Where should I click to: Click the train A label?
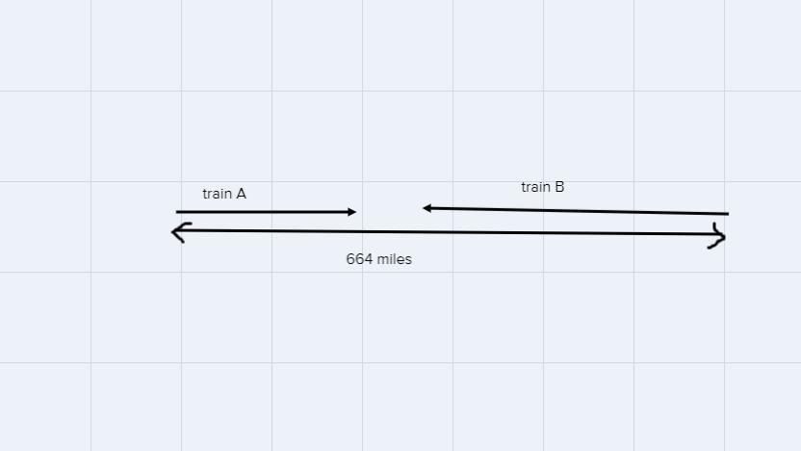(x=224, y=194)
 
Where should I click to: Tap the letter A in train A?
(x=241, y=194)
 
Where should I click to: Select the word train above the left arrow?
(x=217, y=194)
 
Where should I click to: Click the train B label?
(x=542, y=187)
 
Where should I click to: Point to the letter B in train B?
(x=559, y=187)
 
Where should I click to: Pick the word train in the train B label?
(x=535, y=187)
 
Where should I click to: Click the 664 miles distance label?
(x=379, y=259)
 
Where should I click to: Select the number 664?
(x=359, y=259)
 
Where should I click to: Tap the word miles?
(x=393, y=259)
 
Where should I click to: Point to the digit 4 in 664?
(x=368, y=259)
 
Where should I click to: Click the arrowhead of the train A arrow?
(x=352, y=212)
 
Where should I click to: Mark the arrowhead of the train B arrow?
(x=426, y=208)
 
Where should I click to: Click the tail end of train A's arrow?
(x=178, y=212)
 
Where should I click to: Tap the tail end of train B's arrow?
(x=727, y=214)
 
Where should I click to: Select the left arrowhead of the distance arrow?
(x=177, y=231)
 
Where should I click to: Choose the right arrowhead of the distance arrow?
(x=720, y=235)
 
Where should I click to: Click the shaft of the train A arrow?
(x=265, y=212)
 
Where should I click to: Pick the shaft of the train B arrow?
(x=578, y=211)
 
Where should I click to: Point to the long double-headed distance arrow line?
(x=448, y=232)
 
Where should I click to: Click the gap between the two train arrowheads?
(x=390, y=210)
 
